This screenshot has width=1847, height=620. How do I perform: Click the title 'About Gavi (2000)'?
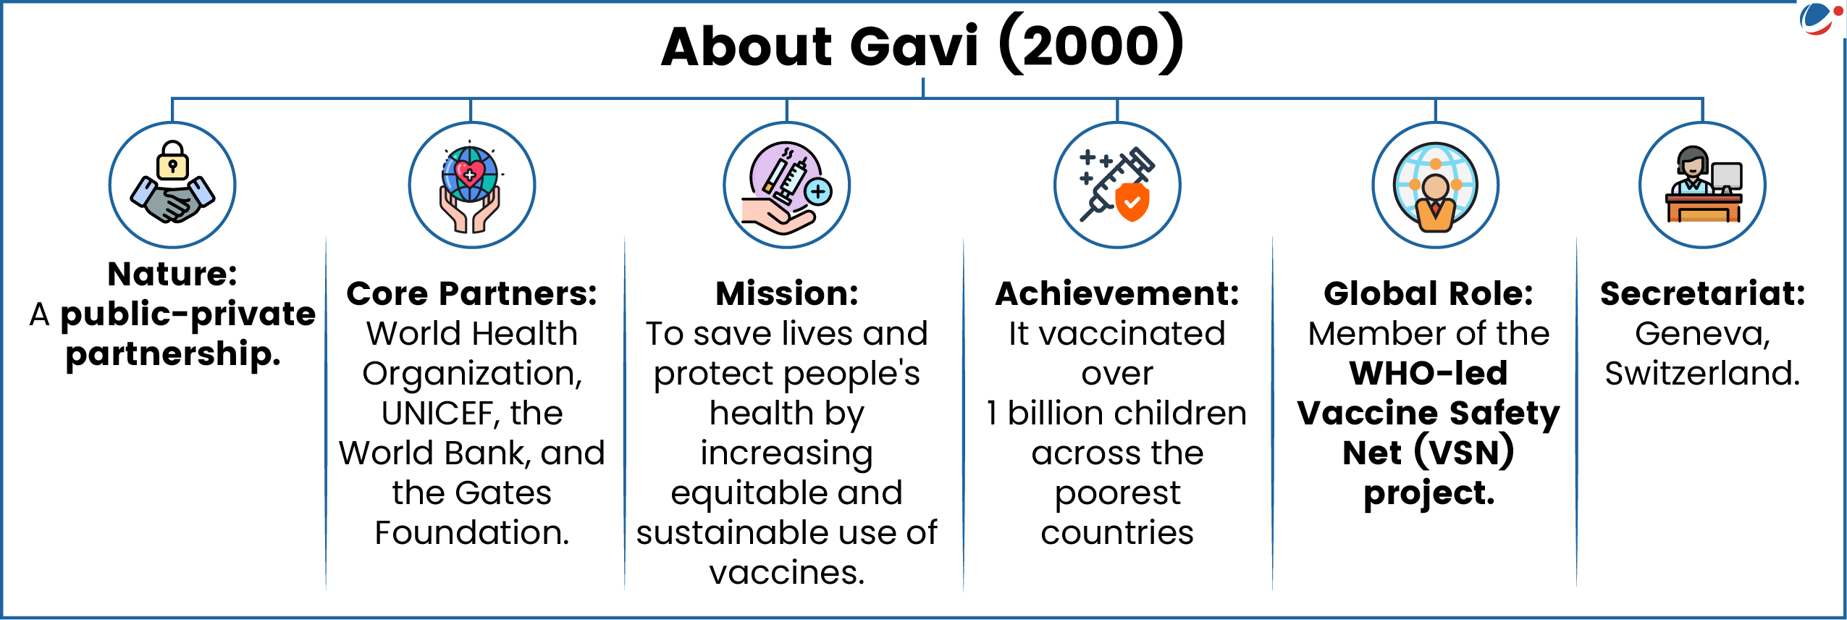coord(923,45)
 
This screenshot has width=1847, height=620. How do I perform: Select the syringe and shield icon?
coord(1117,185)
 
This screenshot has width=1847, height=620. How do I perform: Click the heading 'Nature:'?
coord(172,274)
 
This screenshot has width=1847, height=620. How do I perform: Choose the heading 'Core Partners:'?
coord(472,293)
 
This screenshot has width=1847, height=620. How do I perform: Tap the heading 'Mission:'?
coord(787,293)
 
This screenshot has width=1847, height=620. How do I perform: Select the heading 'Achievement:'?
coord(1117,293)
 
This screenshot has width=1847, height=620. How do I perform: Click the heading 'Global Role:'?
coord(1429,293)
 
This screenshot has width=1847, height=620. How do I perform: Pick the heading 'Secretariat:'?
coord(1703,293)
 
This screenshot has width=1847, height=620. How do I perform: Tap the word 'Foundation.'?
coord(472,532)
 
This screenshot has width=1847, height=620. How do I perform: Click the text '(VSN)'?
coord(1463,453)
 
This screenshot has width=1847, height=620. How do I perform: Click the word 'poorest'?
coord(1117,493)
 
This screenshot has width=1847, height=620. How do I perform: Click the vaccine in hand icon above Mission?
coord(787,187)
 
